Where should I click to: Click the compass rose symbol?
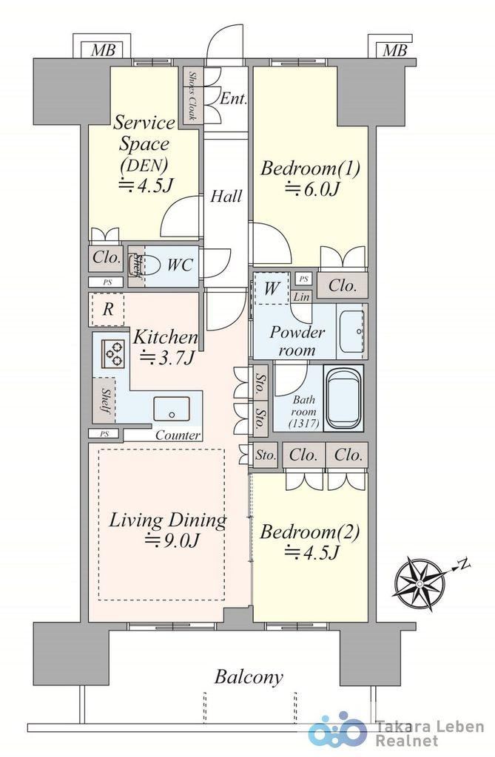pyautogui.click(x=417, y=582)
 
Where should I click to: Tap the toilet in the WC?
pyautogui.click(x=151, y=265)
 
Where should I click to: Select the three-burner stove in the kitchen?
pyautogui.click(x=114, y=353)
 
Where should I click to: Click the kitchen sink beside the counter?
pyautogui.click(x=172, y=410)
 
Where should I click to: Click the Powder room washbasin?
pyautogui.click(x=351, y=331)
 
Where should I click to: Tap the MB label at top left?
pyautogui.click(x=103, y=50)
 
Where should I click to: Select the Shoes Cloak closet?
pyautogui.click(x=192, y=96)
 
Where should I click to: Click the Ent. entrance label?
pyautogui.click(x=233, y=99)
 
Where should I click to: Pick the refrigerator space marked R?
pyautogui.click(x=108, y=309)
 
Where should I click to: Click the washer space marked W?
pyautogui.click(x=272, y=288)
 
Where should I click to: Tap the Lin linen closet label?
pyautogui.click(x=302, y=296)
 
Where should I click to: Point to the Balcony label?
pyautogui.click(x=249, y=677)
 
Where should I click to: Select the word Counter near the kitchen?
pyautogui.click(x=178, y=435)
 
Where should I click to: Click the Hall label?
pyautogui.click(x=226, y=196)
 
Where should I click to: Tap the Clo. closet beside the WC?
pyautogui.click(x=107, y=257)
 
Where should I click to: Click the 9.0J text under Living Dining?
pyautogui.click(x=172, y=540)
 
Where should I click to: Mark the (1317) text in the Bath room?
pyautogui.click(x=303, y=424)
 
